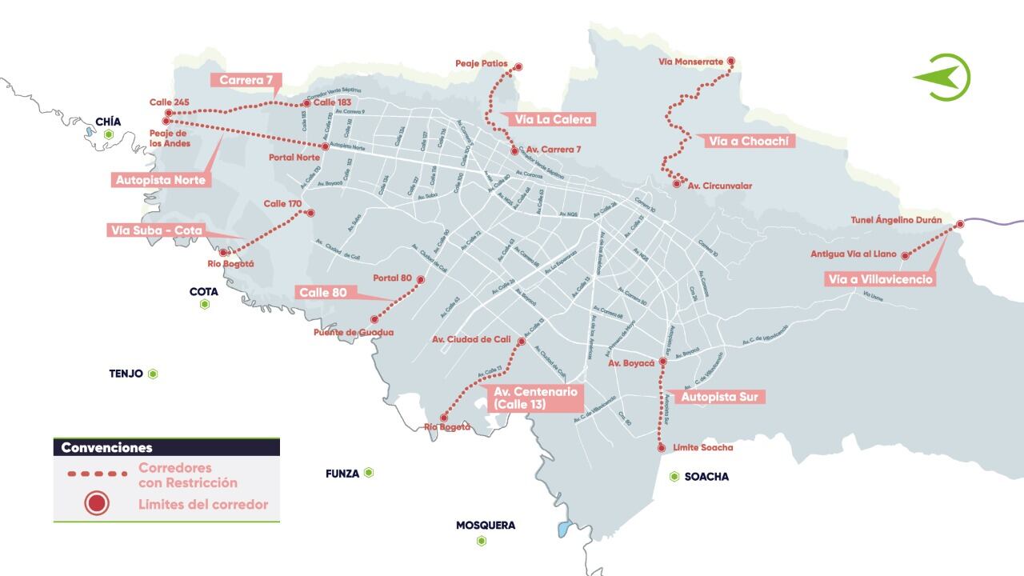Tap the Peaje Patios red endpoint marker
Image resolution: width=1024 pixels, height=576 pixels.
point(518,67)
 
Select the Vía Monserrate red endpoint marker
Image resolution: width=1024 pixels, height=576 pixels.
point(730,61)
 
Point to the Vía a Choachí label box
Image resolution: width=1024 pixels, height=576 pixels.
point(750,141)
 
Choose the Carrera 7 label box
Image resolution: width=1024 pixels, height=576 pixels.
point(246,80)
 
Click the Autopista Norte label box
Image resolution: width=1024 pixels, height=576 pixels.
point(161,180)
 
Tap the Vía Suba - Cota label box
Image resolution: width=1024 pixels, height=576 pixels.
point(156,230)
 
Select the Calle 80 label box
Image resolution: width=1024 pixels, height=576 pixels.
point(323,292)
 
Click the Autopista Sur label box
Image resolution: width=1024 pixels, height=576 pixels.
point(722,396)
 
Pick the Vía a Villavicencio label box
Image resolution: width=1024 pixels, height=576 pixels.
point(880,279)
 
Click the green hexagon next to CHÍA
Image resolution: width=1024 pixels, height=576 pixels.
point(108,135)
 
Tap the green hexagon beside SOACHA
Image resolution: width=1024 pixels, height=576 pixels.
point(674,477)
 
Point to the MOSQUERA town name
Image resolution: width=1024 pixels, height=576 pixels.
point(486,526)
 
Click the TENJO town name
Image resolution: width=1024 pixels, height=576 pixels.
point(126,374)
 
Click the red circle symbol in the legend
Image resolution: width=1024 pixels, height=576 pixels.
point(97,504)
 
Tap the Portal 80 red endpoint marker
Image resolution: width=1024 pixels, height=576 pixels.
point(421,279)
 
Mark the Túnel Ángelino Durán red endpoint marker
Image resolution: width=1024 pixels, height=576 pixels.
point(960,225)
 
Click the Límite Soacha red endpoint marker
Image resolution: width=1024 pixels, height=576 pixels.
point(662,448)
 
